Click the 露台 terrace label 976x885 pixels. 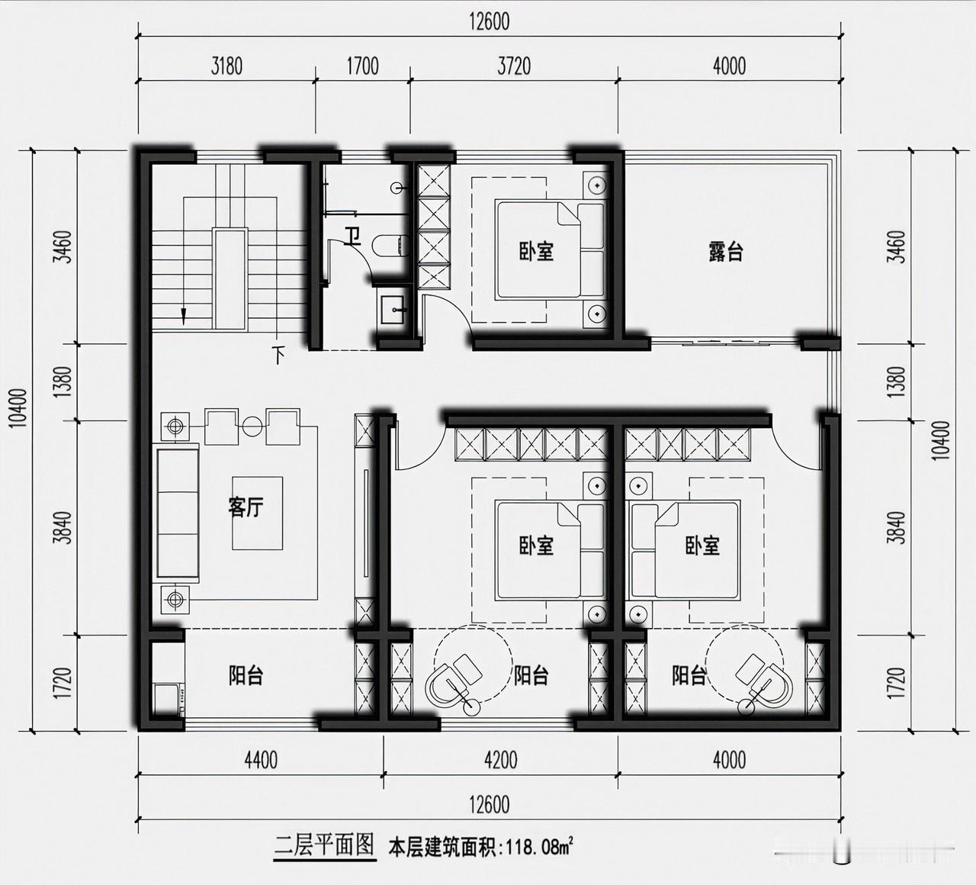tap(726, 253)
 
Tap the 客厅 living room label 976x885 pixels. tap(246, 507)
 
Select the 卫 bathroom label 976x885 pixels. tap(352, 236)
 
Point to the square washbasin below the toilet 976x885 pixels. tap(392, 310)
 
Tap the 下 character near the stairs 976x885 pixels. tap(278, 355)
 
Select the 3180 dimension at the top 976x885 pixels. tap(226, 66)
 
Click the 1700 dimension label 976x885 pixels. tap(362, 66)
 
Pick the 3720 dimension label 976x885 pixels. tap(514, 66)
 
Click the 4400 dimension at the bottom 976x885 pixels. tap(262, 760)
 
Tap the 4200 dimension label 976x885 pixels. tap(501, 760)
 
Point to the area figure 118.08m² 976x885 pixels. tap(540, 848)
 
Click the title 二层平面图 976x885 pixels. tap(324, 845)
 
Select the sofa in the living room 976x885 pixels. tap(178, 513)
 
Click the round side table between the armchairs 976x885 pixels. tap(252, 427)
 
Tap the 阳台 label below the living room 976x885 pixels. tap(246, 676)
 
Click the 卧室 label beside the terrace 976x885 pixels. tap(536, 251)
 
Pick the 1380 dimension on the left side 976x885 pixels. tap(64, 381)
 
